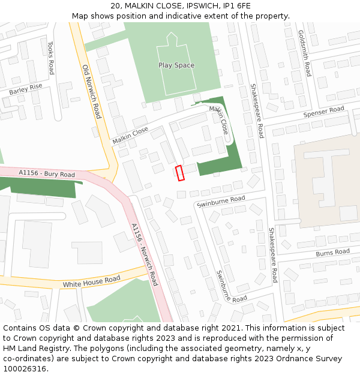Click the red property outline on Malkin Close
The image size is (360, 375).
tap(179, 173)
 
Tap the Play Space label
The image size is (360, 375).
tap(176, 65)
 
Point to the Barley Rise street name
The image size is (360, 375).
tap(26, 90)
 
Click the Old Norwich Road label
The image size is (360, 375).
tap(91, 91)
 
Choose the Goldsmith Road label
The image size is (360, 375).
tap(305, 54)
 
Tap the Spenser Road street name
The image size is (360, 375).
tap(324, 112)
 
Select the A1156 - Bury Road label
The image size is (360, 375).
tap(47, 174)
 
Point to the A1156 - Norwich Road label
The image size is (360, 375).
tap(145, 253)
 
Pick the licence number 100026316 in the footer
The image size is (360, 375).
tap(25, 369)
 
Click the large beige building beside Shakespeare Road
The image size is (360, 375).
tap(327, 180)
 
